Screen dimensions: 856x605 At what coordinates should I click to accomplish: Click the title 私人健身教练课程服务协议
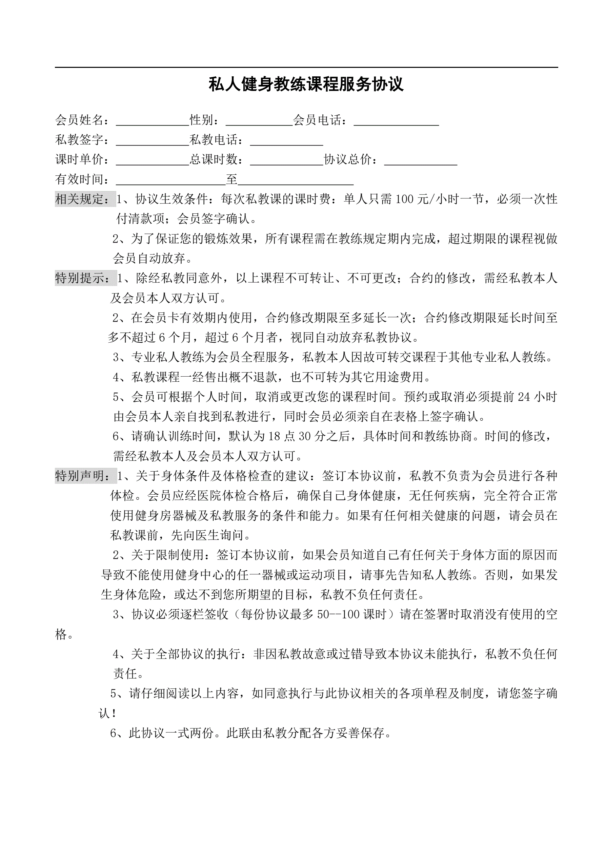click(x=305, y=84)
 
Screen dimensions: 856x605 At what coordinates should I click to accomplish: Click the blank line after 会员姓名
click(x=153, y=121)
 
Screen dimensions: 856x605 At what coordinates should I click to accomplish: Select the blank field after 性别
click(x=259, y=121)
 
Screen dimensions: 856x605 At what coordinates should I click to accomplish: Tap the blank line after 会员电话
click(x=396, y=121)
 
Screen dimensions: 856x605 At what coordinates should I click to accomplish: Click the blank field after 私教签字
click(x=153, y=141)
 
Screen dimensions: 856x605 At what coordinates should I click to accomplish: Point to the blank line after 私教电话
click(x=286, y=141)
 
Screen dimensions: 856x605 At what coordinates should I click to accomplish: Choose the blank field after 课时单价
click(x=153, y=161)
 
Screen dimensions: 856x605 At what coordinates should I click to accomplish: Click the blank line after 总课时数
click(x=286, y=161)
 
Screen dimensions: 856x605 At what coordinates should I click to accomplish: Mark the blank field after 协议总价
click(x=420, y=161)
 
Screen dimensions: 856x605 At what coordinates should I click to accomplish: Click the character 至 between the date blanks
click(x=232, y=179)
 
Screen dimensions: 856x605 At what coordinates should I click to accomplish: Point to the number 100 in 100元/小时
click(x=404, y=199)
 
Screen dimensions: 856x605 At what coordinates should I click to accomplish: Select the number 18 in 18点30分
click(x=274, y=436)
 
